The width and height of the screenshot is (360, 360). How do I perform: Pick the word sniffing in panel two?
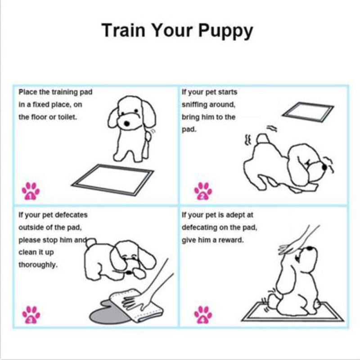(x=194, y=104)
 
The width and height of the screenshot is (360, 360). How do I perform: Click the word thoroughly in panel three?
(x=38, y=265)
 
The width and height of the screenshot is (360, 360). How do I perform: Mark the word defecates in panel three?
(x=72, y=215)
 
